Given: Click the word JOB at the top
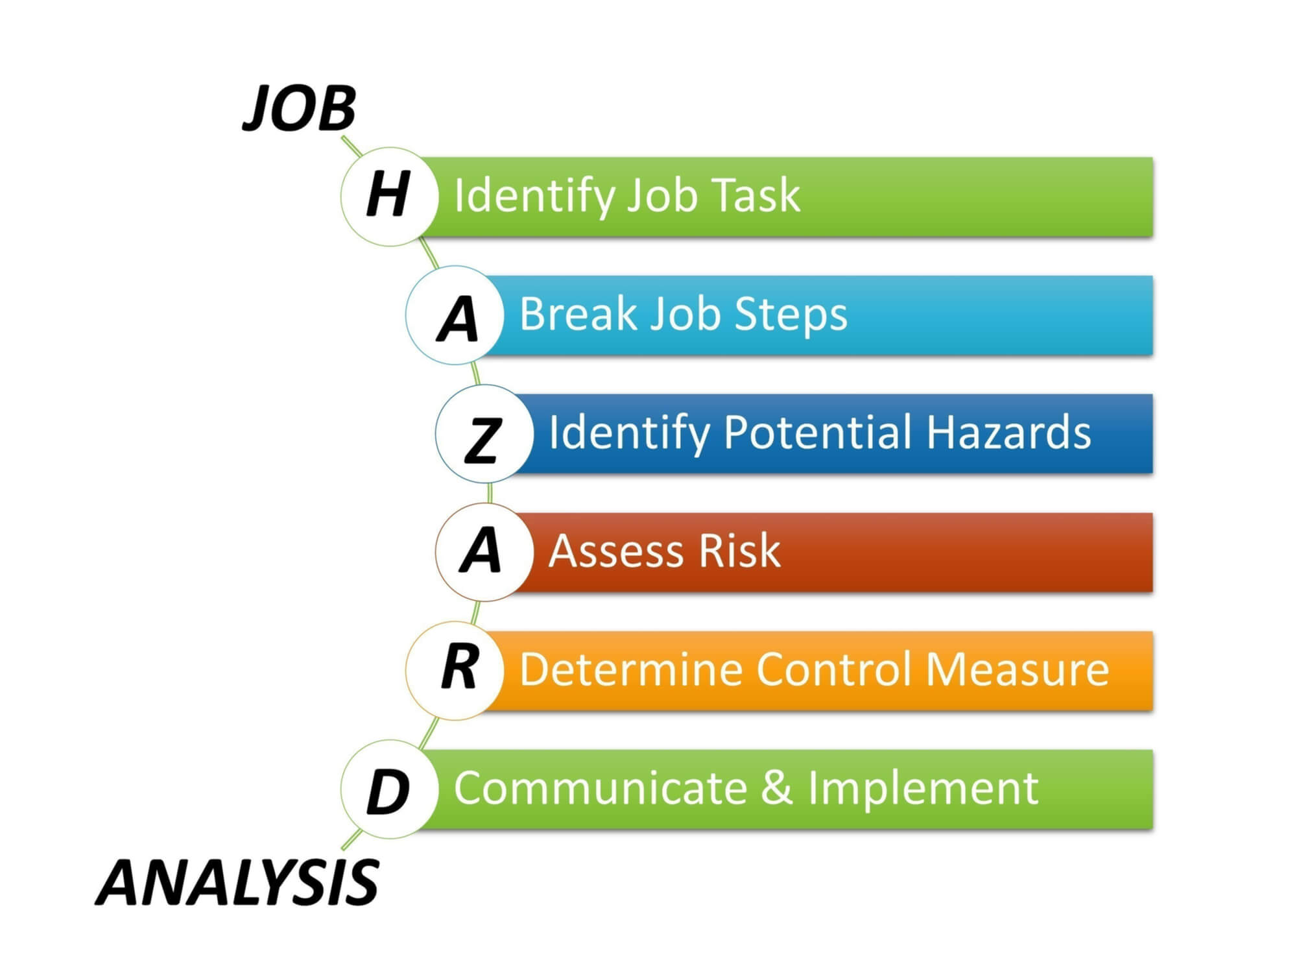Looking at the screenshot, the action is click(300, 108).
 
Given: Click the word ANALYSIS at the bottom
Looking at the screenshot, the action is click(237, 882).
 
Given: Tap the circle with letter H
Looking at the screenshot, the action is click(390, 197).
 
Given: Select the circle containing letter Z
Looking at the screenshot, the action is click(484, 434).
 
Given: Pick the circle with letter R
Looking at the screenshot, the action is click(455, 671).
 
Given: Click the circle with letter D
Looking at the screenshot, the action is click(390, 789).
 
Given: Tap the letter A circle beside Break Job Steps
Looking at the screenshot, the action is click(455, 315).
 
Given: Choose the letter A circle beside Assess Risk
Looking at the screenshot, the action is click(484, 553).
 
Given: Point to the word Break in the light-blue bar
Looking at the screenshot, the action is click(579, 313).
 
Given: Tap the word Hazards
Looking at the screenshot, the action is click(1009, 432).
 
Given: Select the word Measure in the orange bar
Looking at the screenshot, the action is click(1017, 669).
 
